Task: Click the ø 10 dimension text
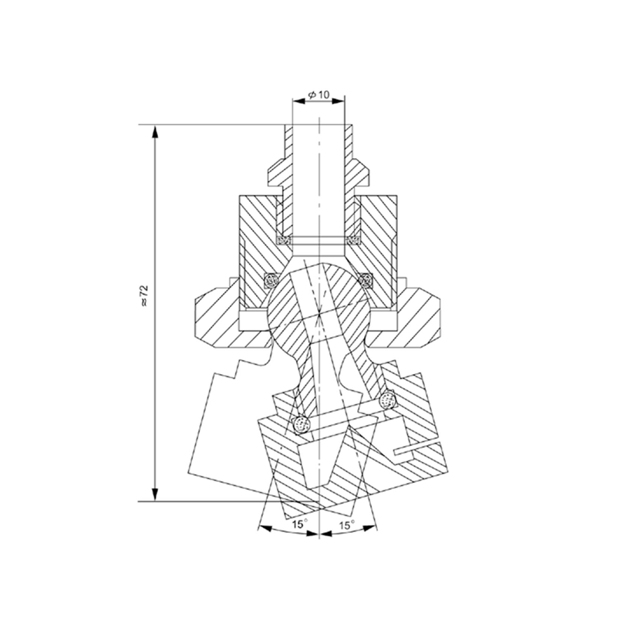pyautogui.click(x=319, y=95)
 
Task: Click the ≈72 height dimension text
pyautogui.click(x=144, y=295)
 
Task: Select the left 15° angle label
pyautogui.click(x=299, y=524)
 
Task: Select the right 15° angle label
pyautogui.click(x=346, y=525)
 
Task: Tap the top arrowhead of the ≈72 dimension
pyautogui.click(x=156, y=132)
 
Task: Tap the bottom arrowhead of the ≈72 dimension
pyautogui.click(x=156, y=494)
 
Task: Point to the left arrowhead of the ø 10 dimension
pyautogui.click(x=299, y=101)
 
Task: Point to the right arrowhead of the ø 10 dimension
pyautogui.click(x=338, y=101)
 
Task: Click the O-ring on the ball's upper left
pyautogui.click(x=271, y=280)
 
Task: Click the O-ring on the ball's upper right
pyautogui.click(x=366, y=280)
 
